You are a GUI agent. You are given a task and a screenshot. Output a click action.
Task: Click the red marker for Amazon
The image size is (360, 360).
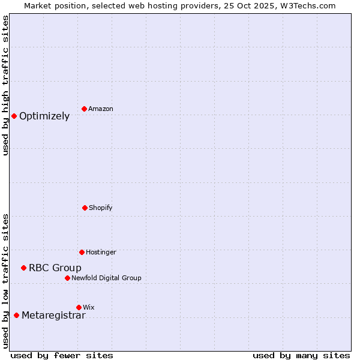pyautogui.click(x=84, y=109)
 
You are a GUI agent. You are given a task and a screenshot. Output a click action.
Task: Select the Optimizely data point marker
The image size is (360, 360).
pyautogui.click(x=14, y=116)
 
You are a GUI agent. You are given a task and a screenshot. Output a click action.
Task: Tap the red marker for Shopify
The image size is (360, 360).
pyautogui.click(x=85, y=208)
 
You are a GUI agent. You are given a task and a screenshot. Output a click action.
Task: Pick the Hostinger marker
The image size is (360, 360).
pyautogui.click(x=82, y=252)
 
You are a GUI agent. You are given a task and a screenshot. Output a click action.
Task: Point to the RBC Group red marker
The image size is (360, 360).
pyautogui.click(x=23, y=268)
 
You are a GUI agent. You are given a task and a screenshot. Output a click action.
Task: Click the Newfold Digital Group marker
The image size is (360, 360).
pyautogui.click(x=67, y=278)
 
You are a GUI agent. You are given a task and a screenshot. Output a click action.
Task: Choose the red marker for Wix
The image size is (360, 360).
pyautogui.click(x=79, y=307)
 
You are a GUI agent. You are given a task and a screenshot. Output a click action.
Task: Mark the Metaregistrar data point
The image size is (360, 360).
pyautogui.click(x=16, y=315)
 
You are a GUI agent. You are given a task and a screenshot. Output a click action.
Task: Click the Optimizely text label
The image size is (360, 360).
pyautogui.click(x=44, y=116)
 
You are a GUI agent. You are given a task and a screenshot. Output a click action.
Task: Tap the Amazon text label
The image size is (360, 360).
pyautogui.click(x=101, y=109)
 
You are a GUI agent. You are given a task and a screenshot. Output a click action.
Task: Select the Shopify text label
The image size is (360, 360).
pyautogui.click(x=101, y=208)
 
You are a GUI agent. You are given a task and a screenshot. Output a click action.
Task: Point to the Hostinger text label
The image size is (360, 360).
pyautogui.click(x=101, y=253)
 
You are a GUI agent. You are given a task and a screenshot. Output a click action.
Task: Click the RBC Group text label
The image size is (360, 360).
pyautogui.click(x=55, y=268)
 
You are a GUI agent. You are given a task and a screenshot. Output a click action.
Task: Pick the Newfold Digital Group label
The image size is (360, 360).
pyautogui.click(x=106, y=278)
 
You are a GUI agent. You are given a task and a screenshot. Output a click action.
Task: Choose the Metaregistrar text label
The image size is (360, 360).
pyautogui.click(x=53, y=316)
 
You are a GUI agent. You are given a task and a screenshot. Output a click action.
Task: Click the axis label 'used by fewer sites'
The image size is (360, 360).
pyautogui.click(x=62, y=355)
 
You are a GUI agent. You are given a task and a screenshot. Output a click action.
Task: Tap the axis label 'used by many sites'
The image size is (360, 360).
pyautogui.click(x=301, y=355)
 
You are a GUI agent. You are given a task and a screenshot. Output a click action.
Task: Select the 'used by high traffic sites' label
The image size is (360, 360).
pyautogui.click(x=6, y=85)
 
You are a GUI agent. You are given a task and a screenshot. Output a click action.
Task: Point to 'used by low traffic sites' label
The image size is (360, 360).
pyautogui.click(x=6, y=281)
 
